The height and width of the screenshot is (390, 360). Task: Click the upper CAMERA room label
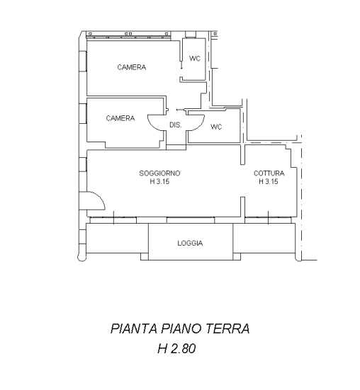(131, 68)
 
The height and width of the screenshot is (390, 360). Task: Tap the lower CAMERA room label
(120, 118)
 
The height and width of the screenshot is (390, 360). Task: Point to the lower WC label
(216, 127)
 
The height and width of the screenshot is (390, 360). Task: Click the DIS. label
(176, 125)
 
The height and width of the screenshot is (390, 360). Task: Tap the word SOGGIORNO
(159, 173)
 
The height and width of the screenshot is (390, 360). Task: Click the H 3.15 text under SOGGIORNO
(159, 181)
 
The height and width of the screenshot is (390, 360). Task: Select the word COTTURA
(269, 173)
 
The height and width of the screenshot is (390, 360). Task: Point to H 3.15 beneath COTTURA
(269, 181)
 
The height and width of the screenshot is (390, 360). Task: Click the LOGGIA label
(190, 243)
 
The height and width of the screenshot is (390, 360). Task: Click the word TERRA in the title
(228, 329)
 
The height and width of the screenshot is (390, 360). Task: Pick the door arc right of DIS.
(196, 122)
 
